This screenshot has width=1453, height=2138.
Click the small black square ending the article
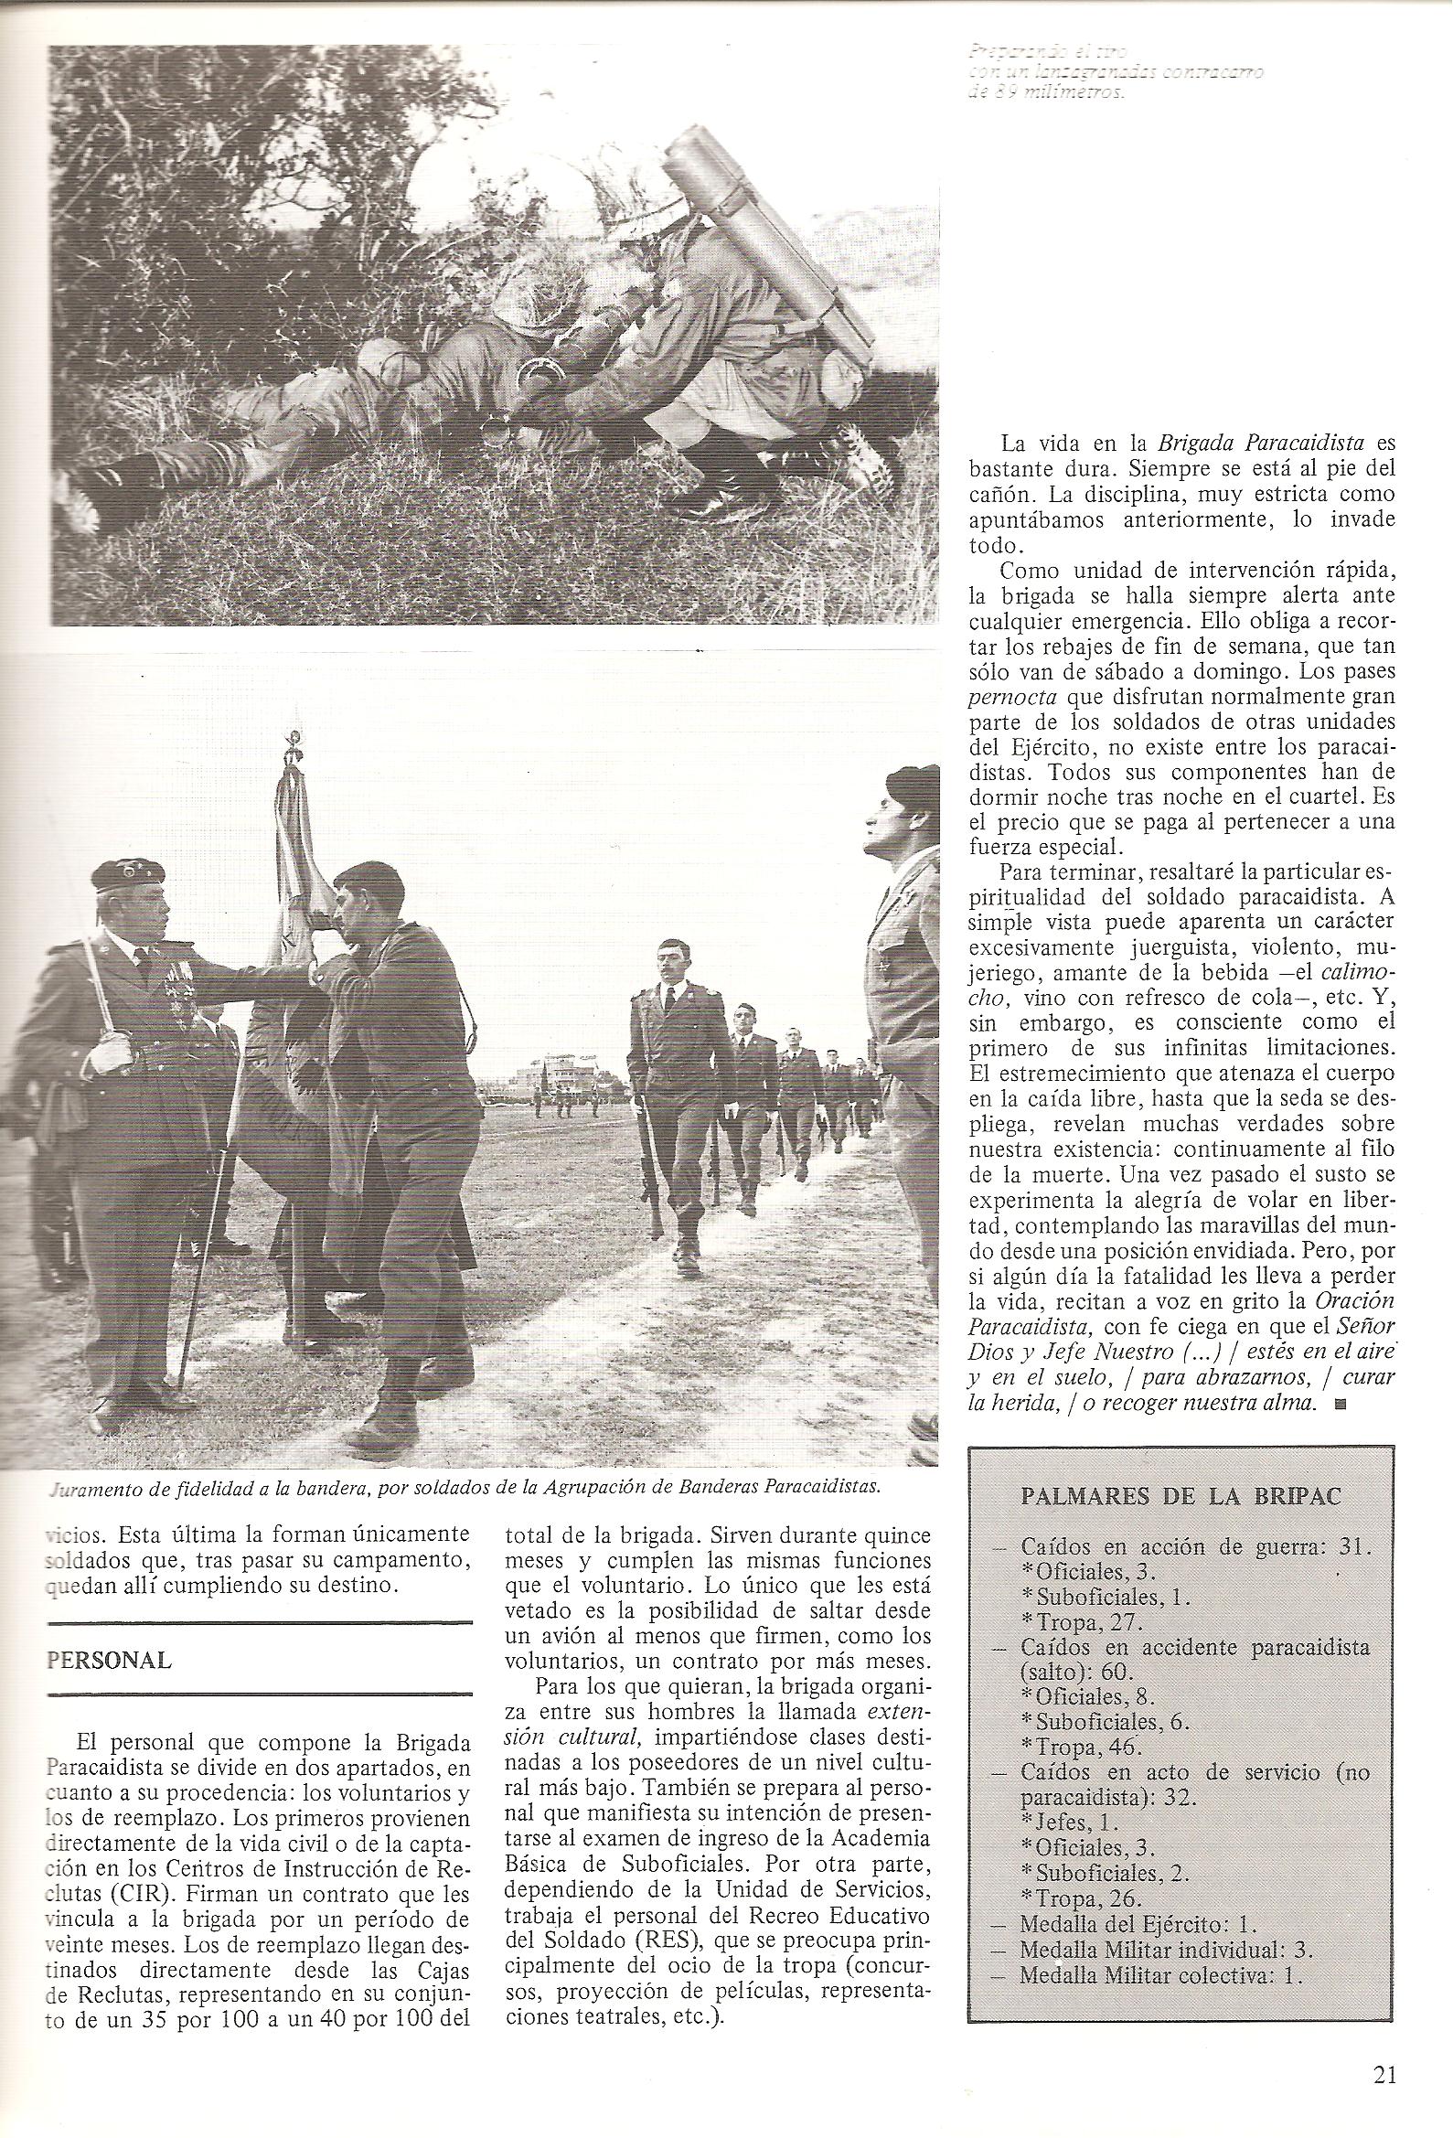pos(1338,1429)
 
